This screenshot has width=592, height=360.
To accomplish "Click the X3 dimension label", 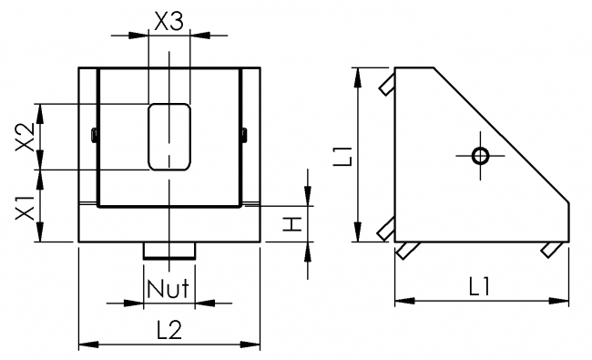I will click(168, 21).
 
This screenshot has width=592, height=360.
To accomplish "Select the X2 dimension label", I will click(26, 136).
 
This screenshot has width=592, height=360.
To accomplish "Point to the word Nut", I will click(168, 290).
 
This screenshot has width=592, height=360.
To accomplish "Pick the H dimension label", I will click(291, 224).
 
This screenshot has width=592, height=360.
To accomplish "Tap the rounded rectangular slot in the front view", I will click(168, 137).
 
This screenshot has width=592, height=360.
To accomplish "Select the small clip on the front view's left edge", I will click(94, 136).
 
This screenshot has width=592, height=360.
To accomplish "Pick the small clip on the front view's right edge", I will click(244, 136).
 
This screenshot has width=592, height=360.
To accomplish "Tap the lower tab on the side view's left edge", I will click(386, 229).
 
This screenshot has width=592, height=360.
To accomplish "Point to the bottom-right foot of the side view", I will click(550, 249).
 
